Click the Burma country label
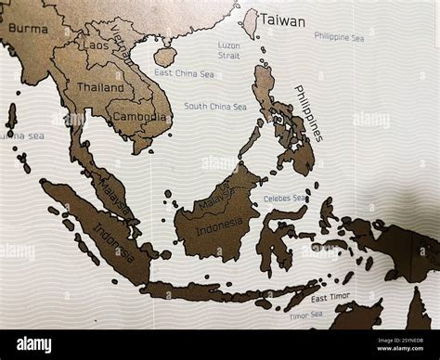tap(27, 29)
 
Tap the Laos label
tap(96, 44)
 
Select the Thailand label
tap(100, 87)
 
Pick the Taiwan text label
tap(283, 19)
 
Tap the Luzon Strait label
tap(229, 50)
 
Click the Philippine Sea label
tap(339, 38)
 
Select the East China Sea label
tap(184, 73)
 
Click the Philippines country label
tap(308, 112)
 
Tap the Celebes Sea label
tap(284, 198)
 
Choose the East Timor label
tap(330, 299)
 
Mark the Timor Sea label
tap(305, 315)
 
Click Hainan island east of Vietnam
tap(166, 57)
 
